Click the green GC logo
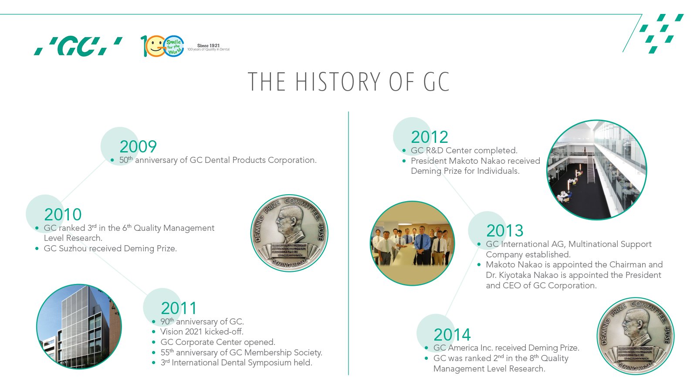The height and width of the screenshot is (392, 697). [x=78, y=47]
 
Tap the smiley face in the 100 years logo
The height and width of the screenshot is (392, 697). [x=155, y=47]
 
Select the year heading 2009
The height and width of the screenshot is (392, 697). [x=138, y=147]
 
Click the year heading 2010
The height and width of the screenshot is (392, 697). [x=63, y=215]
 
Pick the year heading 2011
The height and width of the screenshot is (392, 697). [x=179, y=308]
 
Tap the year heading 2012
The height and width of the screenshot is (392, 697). [x=429, y=137]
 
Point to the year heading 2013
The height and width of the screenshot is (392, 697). [x=504, y=231]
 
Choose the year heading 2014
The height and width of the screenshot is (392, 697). [x=452, y=335]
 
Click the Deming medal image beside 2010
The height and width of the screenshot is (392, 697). [x=289, y=233]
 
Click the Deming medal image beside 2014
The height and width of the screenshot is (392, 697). [x=635, y=336]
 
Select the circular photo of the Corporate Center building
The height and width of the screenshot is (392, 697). [x=79, y=327]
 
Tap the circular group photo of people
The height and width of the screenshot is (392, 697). [x=412, y=243]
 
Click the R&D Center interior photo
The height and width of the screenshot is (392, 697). [x=596, y=170]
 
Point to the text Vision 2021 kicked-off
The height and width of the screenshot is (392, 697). [x=201, y=332]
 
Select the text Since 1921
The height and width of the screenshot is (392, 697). [x=208, y=45]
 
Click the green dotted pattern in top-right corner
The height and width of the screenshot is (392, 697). [x=661, y=32]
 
